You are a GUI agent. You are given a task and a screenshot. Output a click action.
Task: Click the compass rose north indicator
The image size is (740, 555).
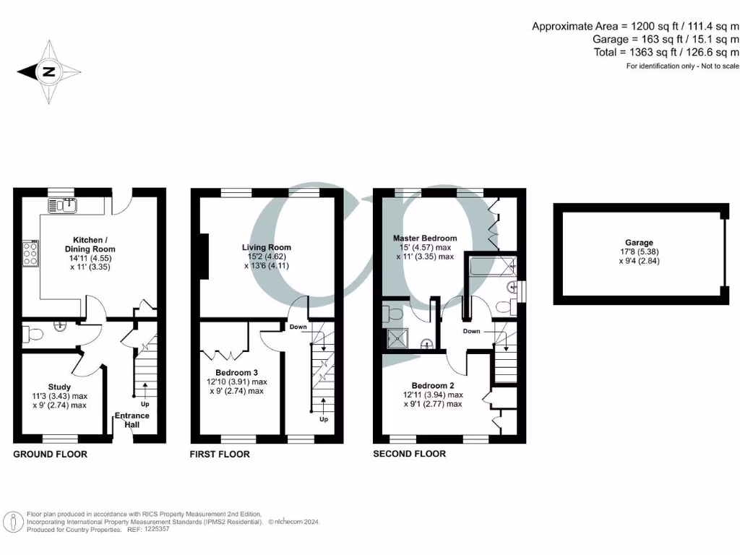click(48, 72)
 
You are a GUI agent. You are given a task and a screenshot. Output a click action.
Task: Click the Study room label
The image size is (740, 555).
click(59, 387)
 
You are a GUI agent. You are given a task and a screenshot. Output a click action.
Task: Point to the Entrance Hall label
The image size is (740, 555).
click(133, 420)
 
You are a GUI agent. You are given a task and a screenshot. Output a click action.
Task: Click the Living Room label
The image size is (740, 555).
click(266, 247)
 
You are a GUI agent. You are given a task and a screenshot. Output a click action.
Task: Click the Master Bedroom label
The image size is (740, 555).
click(425, 238)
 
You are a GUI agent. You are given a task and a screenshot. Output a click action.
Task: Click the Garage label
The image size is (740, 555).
click(640, 243)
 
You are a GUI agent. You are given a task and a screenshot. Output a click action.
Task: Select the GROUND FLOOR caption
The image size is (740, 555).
click(51, 455)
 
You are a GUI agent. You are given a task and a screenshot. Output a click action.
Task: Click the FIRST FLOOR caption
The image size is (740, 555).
click(220, 455)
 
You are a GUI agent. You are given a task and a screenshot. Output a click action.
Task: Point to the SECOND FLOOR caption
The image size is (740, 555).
click(409, 454)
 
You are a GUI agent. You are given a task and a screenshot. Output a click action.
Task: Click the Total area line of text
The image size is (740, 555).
click(666, 52)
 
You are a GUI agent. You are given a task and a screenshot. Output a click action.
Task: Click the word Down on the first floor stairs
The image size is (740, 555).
click(298, 327)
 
